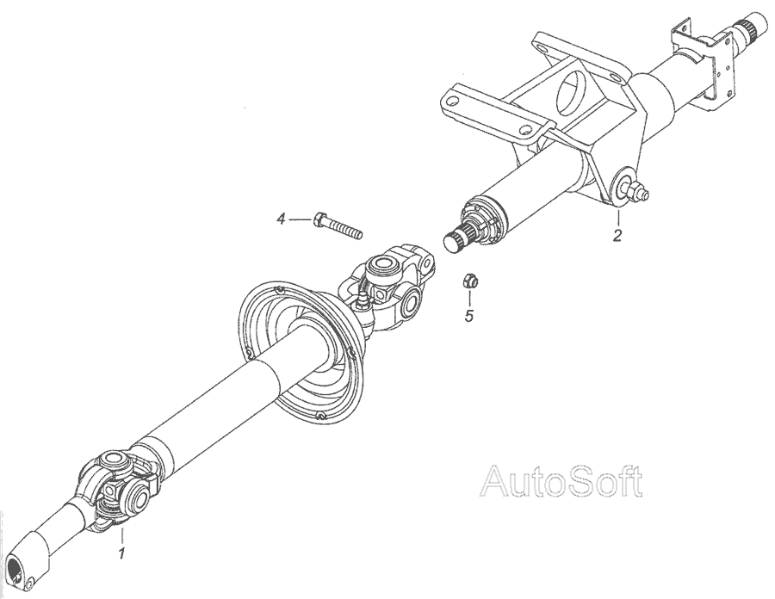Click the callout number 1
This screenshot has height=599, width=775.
click(x=122, y=553)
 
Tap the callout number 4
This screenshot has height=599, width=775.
click(x=280, y=221)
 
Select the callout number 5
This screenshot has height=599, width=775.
click(x=469, y=316)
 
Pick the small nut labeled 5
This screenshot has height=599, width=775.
click(x=470, y=280)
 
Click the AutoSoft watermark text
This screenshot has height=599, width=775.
click(x=561, y=483)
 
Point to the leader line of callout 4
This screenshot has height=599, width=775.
click(x=300, y=220)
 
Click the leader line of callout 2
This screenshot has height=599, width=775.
click(x=617, y=215)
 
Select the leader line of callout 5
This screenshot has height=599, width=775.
click(x=470, y=298)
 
